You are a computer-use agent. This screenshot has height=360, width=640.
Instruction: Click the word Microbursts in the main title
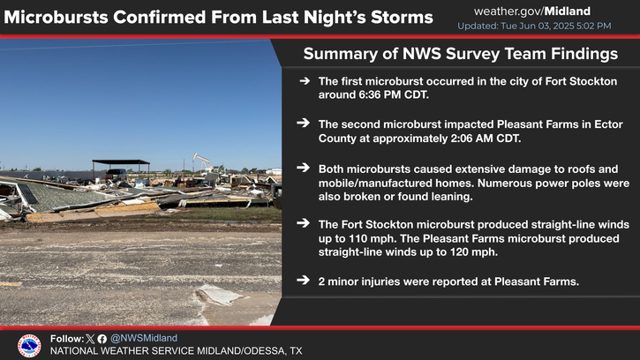56,18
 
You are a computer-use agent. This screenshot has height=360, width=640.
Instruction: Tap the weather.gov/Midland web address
531,11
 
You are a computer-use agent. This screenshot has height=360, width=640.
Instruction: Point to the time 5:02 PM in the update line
593,26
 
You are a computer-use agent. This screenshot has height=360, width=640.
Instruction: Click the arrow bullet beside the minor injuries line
304,281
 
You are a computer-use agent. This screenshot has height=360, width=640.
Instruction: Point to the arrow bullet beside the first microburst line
304,81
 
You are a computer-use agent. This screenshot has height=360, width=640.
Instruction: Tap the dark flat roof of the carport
121,161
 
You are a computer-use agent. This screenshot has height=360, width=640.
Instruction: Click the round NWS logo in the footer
29,346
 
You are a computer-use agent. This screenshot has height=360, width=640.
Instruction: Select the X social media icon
90,339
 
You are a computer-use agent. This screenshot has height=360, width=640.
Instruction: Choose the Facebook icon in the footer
102,339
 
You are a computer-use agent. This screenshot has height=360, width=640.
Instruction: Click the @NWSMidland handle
144,338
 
